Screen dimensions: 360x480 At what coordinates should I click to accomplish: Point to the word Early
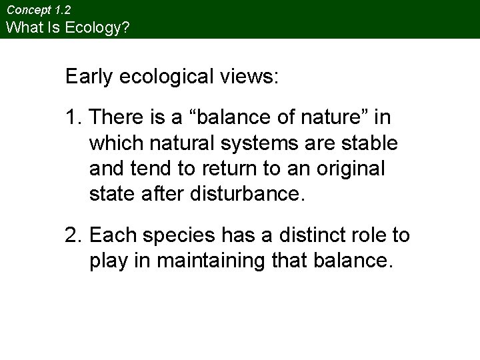click(x=89, y=77)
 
